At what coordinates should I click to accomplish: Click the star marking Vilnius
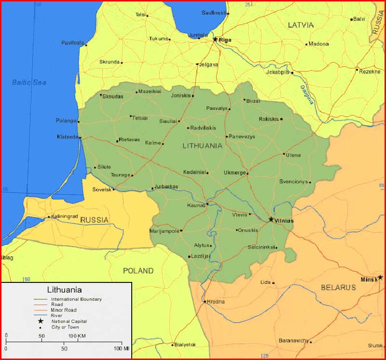[x=271, y=219]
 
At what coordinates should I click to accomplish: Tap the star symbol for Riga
[x=215, y=39]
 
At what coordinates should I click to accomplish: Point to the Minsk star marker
[x=380, y=277]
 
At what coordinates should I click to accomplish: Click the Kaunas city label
[x=196, y=205]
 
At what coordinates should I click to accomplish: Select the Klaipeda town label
[x=67, y=136]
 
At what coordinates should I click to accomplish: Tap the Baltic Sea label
[x=29, y=82]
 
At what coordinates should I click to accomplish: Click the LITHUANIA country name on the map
[x=202, y=145]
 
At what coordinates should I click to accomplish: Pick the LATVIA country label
[x=301, y=25]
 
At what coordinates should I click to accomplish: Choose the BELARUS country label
[x=338, y=287]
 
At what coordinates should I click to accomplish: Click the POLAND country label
[x=138, y=271]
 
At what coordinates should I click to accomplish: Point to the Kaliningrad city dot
[x=49, y=217]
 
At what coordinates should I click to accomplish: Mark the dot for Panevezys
[x=226, y=136]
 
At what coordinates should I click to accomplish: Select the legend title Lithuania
[x=64, y=290]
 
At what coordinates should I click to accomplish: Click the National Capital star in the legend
[x=41, y=320]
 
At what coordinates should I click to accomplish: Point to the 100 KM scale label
[x=77, y=335]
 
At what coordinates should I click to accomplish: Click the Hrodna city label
[x=216, y=302]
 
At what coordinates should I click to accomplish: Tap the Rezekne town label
[x=370, y=71]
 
